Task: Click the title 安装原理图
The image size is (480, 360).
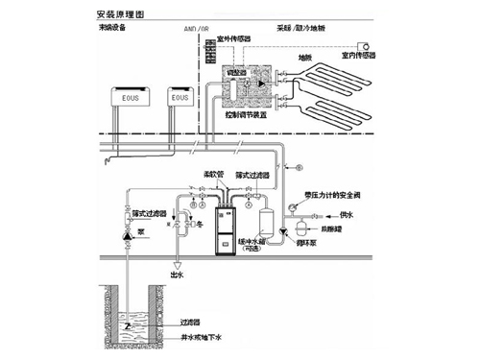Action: [122, 16]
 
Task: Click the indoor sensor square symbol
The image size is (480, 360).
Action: [366, 45]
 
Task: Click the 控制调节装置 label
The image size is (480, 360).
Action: [246, 111]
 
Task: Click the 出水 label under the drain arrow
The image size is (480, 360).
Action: [179, 275]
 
